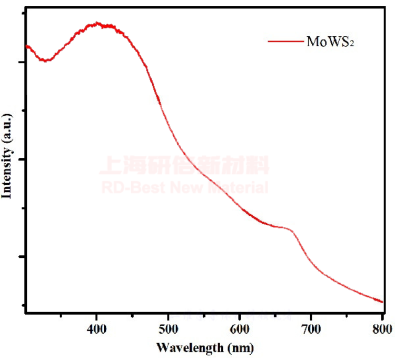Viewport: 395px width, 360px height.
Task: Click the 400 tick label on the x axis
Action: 96,329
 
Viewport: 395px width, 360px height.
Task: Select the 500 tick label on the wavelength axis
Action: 168,329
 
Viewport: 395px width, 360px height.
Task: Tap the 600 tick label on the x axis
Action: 240,329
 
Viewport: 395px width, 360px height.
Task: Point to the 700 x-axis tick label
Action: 311,329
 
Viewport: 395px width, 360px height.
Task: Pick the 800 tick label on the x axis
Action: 382,329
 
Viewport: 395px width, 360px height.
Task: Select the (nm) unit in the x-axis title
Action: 240,347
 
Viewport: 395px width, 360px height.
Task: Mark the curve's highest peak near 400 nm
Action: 98,24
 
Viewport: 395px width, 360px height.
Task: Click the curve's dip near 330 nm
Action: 46,61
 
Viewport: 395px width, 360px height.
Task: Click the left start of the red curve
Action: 26,46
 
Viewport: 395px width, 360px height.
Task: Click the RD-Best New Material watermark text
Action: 184,187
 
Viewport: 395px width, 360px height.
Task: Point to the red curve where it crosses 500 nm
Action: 168,127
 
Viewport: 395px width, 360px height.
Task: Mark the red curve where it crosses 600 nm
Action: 240,205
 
